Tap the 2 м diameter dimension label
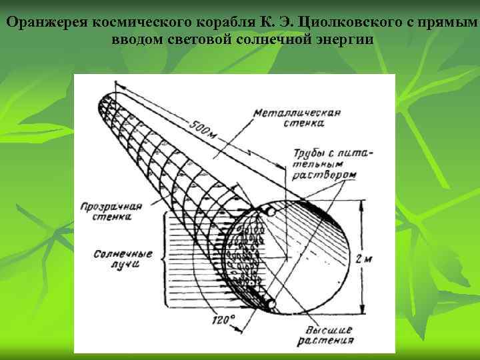click(364, 257)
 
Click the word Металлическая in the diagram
click(297, 113)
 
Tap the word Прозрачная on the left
click(110, 206)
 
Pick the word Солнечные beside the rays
click(123, 254)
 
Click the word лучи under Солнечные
click(125, 265)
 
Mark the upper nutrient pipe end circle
click(271, 212)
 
